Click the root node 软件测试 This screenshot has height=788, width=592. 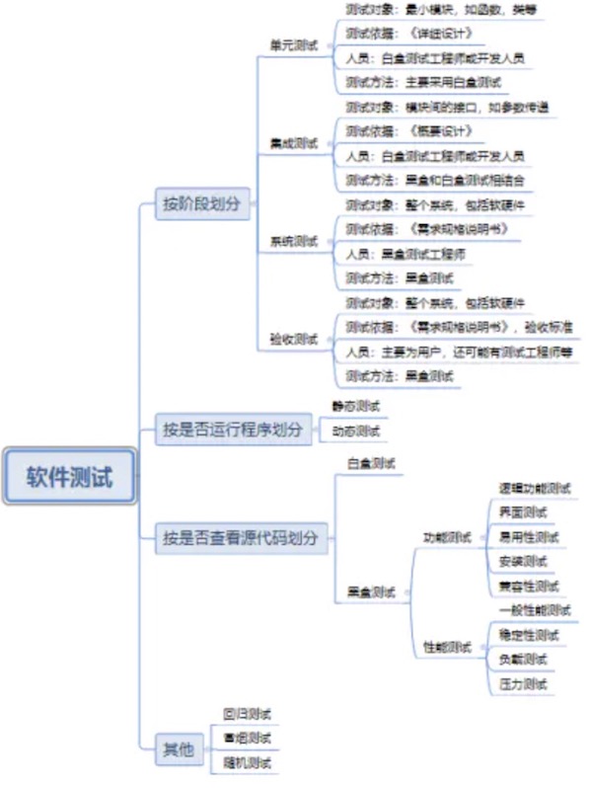pyautogui.click(x=69, y=478)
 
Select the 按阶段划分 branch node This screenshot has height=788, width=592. pyautogui.click(x=201, y=204)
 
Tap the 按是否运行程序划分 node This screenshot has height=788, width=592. pyautogui.click(x=232, y=429)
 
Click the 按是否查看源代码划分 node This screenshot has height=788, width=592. pyautogui.click(x=241, y=538)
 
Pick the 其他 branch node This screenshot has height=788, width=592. pyautogui.click(x=179, y=749)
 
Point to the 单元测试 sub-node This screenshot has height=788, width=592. pyautogui.click(x=294, y=45)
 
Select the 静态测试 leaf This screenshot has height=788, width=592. pyautogui.click(x=356, y=406)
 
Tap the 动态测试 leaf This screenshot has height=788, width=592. pyautogui.click(x=356, y=431)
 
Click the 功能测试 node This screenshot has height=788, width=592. pyautogui.click(x=448, y=538)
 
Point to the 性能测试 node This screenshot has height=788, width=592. pyautogui.click(x=448, y=647)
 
